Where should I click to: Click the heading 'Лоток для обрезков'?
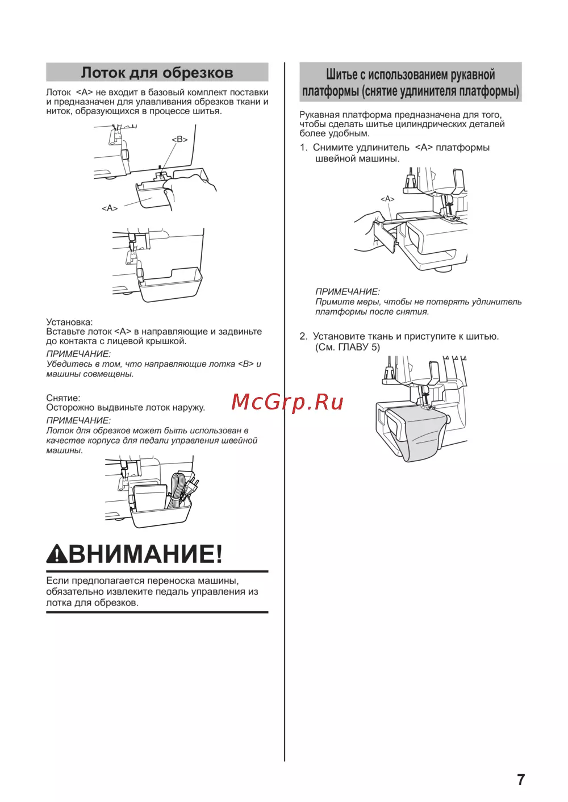click(157, 73)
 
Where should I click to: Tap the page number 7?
click(521, 779)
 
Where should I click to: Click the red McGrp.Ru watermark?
click(287, 402)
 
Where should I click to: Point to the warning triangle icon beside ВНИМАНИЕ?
click(57, 554)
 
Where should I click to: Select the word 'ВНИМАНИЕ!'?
click(145, 554)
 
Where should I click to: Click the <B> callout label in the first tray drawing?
click(179, 139)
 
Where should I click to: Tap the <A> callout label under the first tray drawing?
click(110, 208)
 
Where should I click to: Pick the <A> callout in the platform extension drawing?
click(387, 199)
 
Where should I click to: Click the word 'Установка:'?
click(69, 322)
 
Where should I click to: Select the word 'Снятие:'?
click(64, 398)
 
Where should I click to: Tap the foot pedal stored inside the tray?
click(151, 498)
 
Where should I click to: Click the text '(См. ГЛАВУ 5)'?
click(348, 347)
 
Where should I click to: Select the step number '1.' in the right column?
click(304, 148)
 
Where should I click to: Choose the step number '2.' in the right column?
click(304, 336)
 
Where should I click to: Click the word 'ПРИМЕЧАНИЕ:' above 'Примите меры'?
click(348, 291)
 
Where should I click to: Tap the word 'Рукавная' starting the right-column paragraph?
click(319, 115)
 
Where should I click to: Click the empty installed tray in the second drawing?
click(170, 285)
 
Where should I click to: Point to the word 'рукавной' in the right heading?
click(473, 74)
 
